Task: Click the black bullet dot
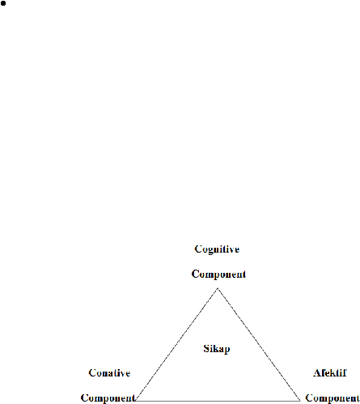[3, 4]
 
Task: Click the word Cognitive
[217, 249]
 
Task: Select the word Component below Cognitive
[218, 274]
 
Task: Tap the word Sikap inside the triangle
[217, 349]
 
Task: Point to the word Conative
[109, 373]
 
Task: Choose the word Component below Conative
[108, 398]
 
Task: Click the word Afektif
[330, 373]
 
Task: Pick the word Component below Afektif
[332, 398]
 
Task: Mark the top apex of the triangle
[218, 289]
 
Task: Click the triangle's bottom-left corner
[136, 401]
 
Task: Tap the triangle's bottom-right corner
[300, 401]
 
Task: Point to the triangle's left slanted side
[177, 345]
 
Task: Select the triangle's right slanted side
[259, 345]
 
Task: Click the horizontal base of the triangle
[218, 401]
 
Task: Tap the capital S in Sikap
[206, 348]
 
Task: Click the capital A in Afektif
[316, 373]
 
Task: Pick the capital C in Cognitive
[198, 249]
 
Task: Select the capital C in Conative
[92, 373]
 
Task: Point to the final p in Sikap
[227, 350]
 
